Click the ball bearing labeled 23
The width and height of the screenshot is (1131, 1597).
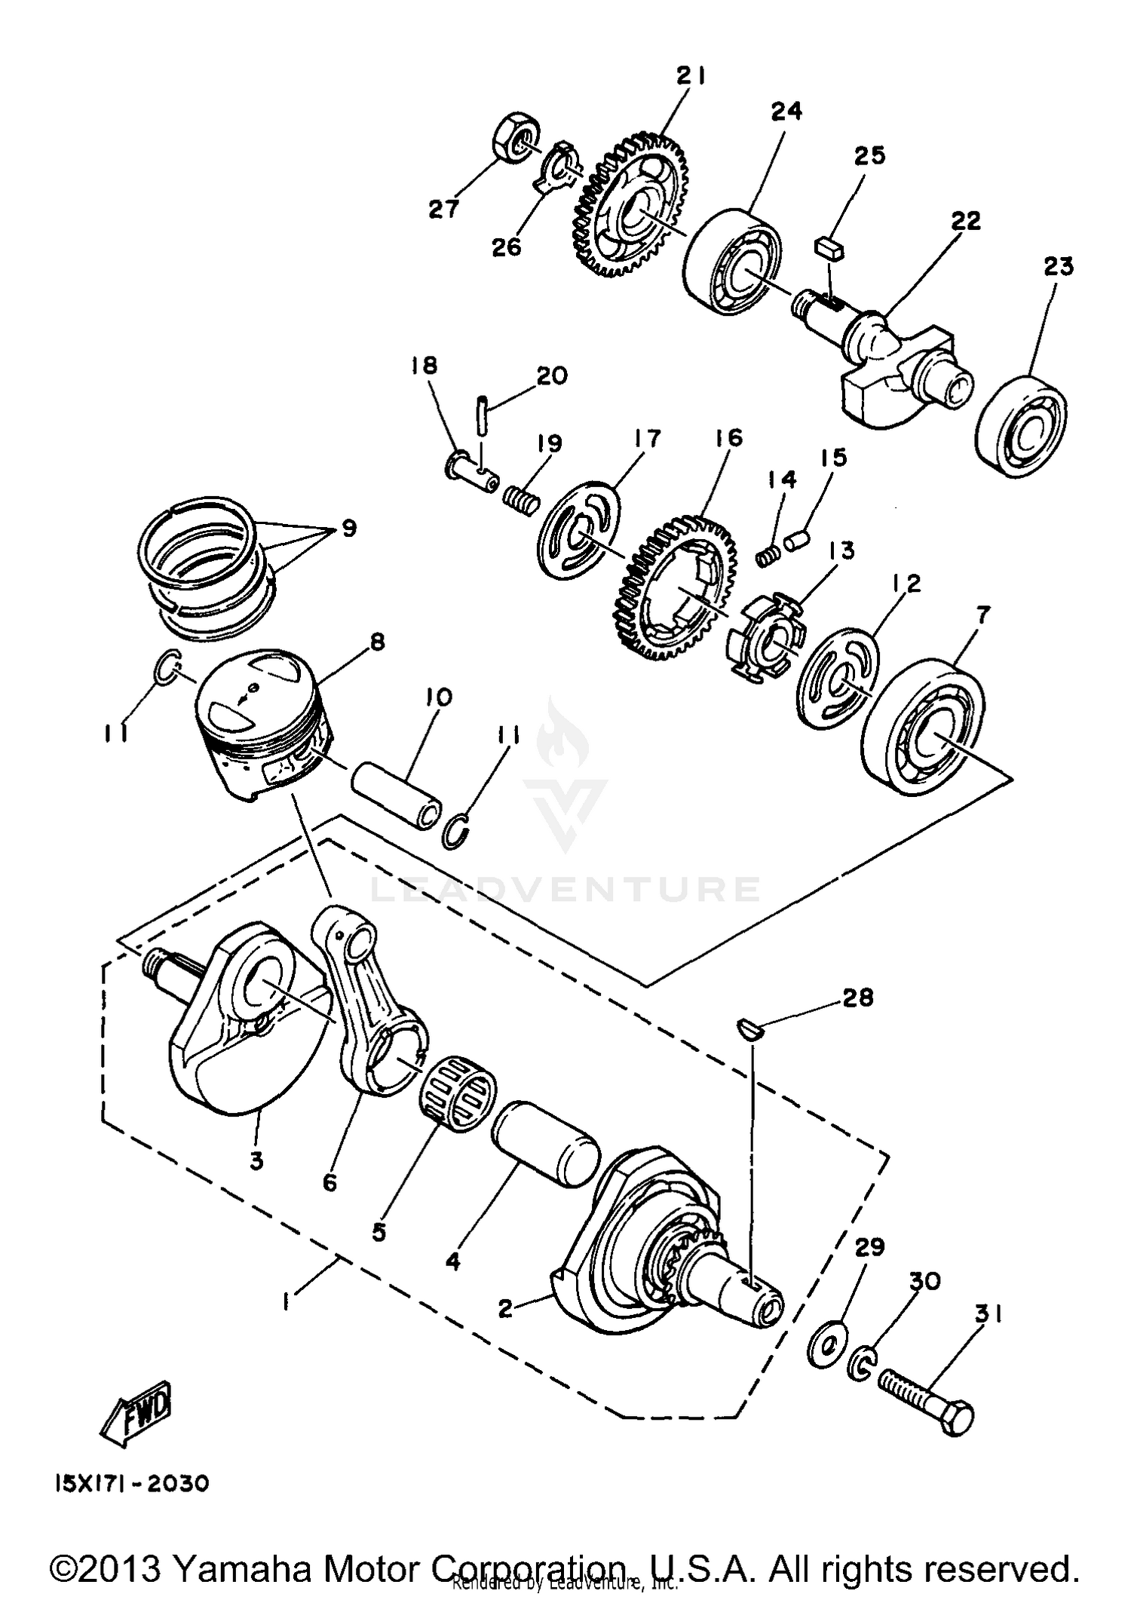click(x=1022, y=425)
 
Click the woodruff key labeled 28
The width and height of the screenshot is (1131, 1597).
click(x=750, y=1027)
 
